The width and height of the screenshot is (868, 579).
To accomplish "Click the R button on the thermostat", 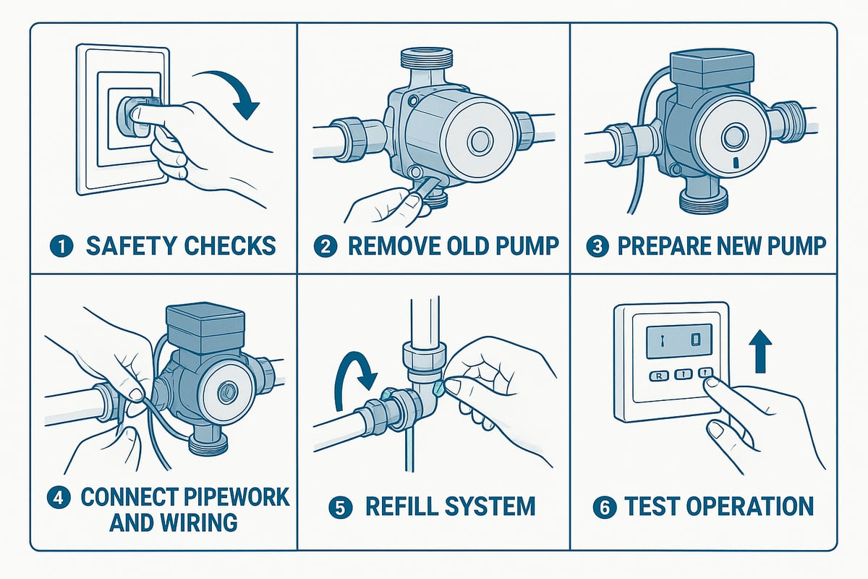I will pyautogui.click(x=659, y=375).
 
